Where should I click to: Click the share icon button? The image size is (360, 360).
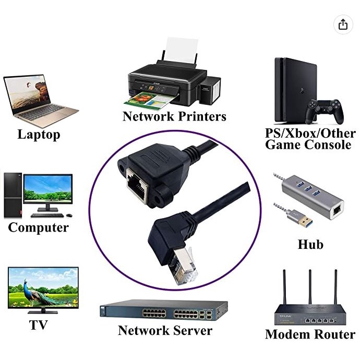pos(343,24)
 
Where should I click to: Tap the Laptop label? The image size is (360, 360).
pos(39,135)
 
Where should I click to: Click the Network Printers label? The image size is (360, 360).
pos(174,116)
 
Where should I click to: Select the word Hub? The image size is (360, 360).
pos(310,244)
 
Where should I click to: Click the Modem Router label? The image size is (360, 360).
pos(310,334)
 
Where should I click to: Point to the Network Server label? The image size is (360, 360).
pos(165,330)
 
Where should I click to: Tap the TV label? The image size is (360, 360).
pos(39,325)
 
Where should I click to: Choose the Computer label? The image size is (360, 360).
pos(39,227)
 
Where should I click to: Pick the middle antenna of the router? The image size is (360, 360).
pos(309,287)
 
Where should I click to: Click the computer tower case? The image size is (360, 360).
pos(11,195)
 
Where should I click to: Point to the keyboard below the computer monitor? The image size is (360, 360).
pos(46,215)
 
